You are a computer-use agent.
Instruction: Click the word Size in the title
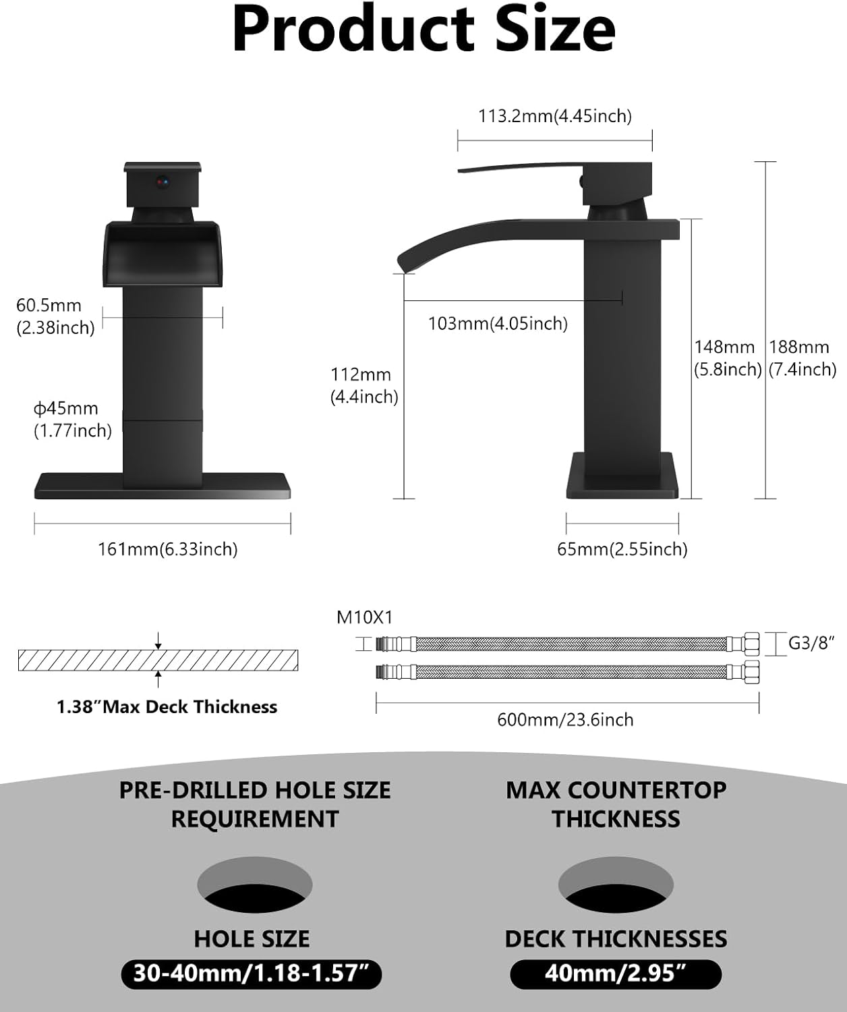(x=555, y=30)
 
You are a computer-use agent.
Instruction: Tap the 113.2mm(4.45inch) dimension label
(x=554, y=116)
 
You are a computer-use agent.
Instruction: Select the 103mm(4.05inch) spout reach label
(x=498, y=324)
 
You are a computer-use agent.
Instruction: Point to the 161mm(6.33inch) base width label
(x=168, y=549)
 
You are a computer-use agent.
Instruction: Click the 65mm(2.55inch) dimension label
(x=622, y=549)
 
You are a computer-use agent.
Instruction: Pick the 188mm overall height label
(x=802, y=358)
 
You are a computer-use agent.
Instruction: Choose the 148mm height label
(x=727, y=358)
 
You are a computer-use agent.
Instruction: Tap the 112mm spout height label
(x=363, y=385)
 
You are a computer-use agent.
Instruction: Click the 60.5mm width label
(x=55, y=316)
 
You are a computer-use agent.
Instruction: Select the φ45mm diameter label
(x=72, y=419)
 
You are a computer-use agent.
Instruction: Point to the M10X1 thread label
(x=364, y=617)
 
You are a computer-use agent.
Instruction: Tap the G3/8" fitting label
(x=811, y=643)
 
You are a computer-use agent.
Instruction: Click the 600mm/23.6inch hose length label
(x=565, y=720)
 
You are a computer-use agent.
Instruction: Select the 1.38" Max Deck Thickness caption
(x=167, y=707)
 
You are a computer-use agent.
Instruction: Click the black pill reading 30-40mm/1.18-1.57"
(x=252, y=974)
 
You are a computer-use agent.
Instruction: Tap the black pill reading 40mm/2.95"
(x=615, y=974)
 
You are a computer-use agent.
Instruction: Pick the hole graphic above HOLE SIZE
(x=254, y=884)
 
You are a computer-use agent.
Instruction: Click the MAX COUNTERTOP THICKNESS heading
(x=616, y=804)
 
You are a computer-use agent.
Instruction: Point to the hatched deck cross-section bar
(x=158, y=660)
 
